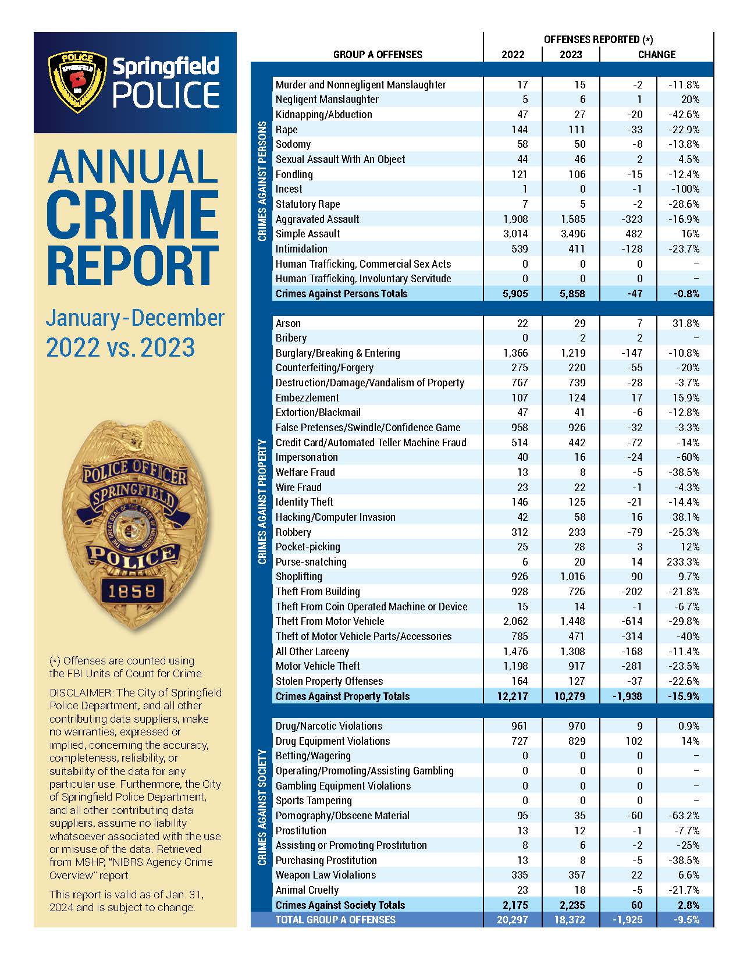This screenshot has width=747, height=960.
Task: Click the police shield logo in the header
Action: pyautogui.click(x=77, y=83)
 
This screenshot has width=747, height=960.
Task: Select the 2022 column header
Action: pyautogui.click(x=513, y=55)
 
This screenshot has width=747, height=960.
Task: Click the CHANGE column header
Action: pyautogui.click(x=656, y=55)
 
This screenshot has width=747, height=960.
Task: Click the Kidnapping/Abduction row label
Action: pyautogui.click(x=323, y=115)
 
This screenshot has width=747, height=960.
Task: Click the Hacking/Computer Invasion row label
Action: pyautogui.click(x=335, y=517)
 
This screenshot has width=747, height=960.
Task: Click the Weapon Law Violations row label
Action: pyautogui.click(x=326, y=875)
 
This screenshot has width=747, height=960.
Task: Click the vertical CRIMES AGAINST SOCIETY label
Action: pyautogui.click(x=262, y=808)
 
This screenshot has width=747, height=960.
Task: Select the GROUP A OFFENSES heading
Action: pyautogui.click(x=378, y=55)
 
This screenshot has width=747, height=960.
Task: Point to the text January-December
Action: pyautogui.click(x=135, y=318)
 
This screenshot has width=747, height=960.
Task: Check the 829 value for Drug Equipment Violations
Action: pyautogui.click(x=574, y=741)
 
